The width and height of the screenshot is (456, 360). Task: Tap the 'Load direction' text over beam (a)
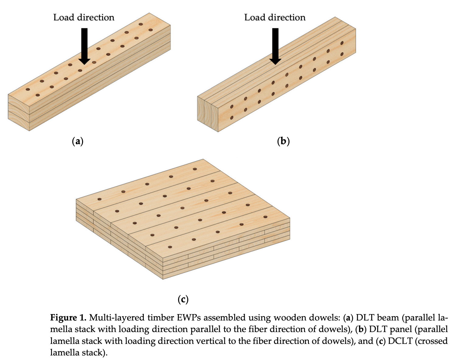click(84, 18)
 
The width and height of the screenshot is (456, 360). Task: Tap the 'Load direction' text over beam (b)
click(275, 18)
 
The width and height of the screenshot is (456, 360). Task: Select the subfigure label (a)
click(78, 141)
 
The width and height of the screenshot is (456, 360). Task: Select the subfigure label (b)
click(283, 141)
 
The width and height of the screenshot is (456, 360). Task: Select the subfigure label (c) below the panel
click(183, 299)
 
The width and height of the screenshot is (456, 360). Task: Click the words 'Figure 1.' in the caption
click(68, 318)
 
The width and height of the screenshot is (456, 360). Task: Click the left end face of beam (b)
click(208, 112)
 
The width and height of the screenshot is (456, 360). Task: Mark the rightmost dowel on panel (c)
click(265, 217)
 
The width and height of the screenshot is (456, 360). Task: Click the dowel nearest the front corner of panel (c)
click(170, 247)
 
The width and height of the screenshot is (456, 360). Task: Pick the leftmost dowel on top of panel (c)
click(99, 199)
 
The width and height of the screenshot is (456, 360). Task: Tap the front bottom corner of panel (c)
click(163, 278)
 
